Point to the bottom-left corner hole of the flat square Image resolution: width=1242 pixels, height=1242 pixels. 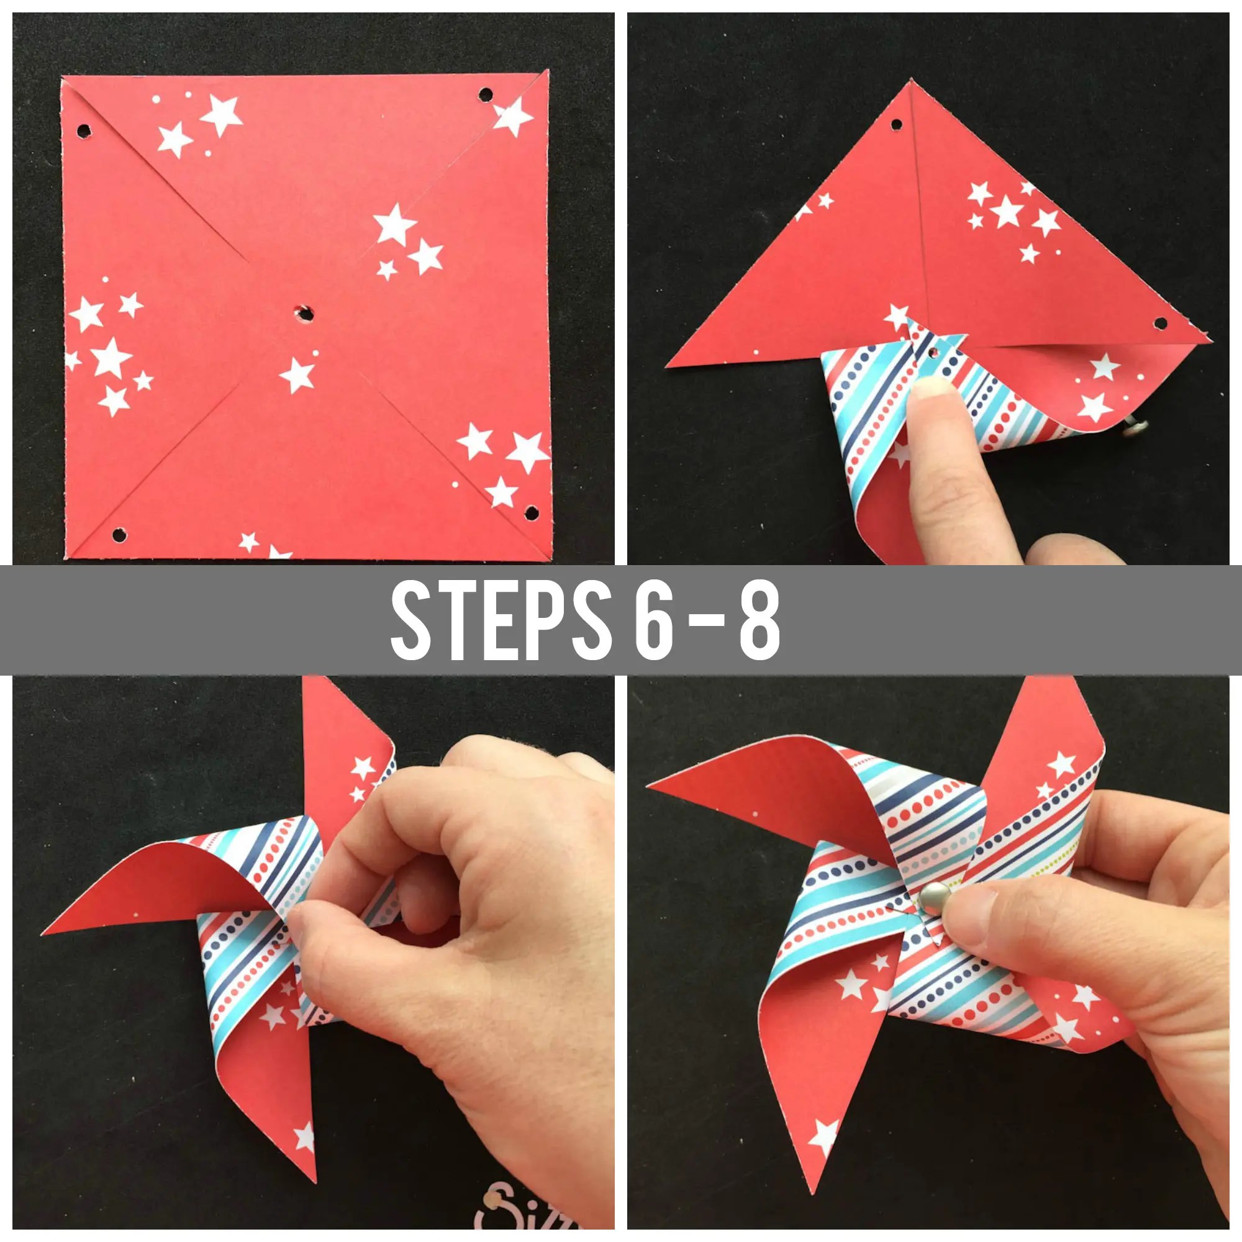point(119,534)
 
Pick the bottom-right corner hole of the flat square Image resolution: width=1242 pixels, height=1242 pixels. point(531,513)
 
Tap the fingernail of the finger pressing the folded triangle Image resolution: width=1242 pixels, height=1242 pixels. point(931,388)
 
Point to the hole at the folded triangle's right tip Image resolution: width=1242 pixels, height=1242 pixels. point(1161,322)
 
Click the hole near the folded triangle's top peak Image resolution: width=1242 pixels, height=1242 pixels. point(895,124)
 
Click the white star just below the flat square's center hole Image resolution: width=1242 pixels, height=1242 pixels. point(297,376)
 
